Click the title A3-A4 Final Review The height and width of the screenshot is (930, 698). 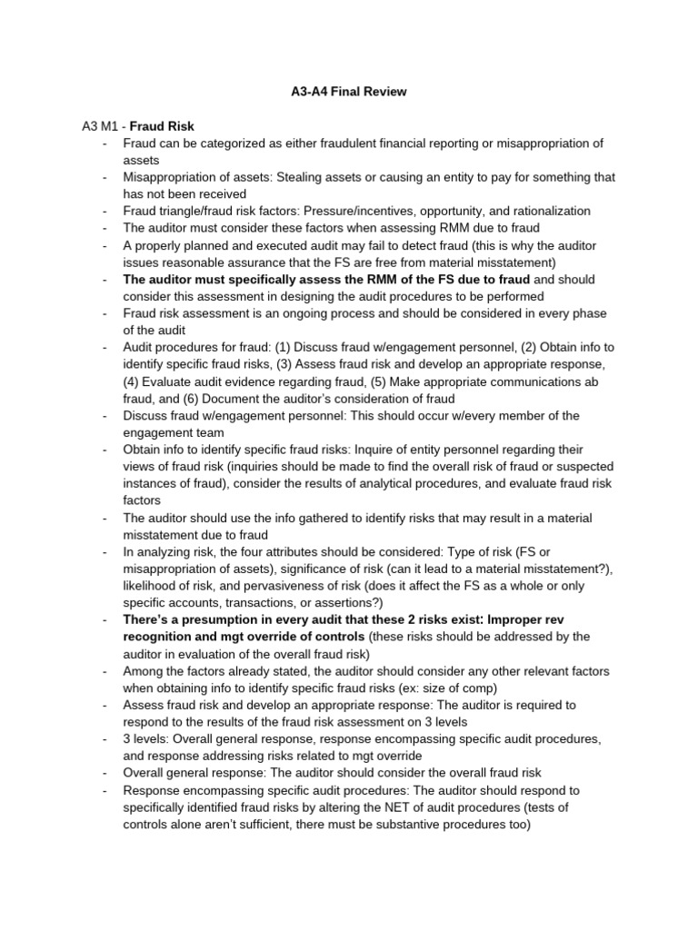point(348,92)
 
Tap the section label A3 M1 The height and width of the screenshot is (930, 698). point(101,126)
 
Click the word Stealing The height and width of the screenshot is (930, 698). point(301,177)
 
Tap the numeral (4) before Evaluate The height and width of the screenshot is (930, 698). point(135,381)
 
